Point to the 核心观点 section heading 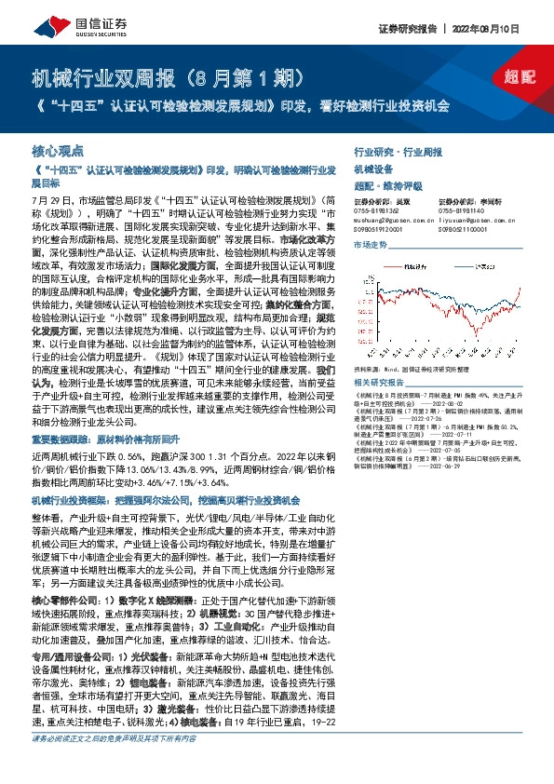[x=57, y=149]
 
